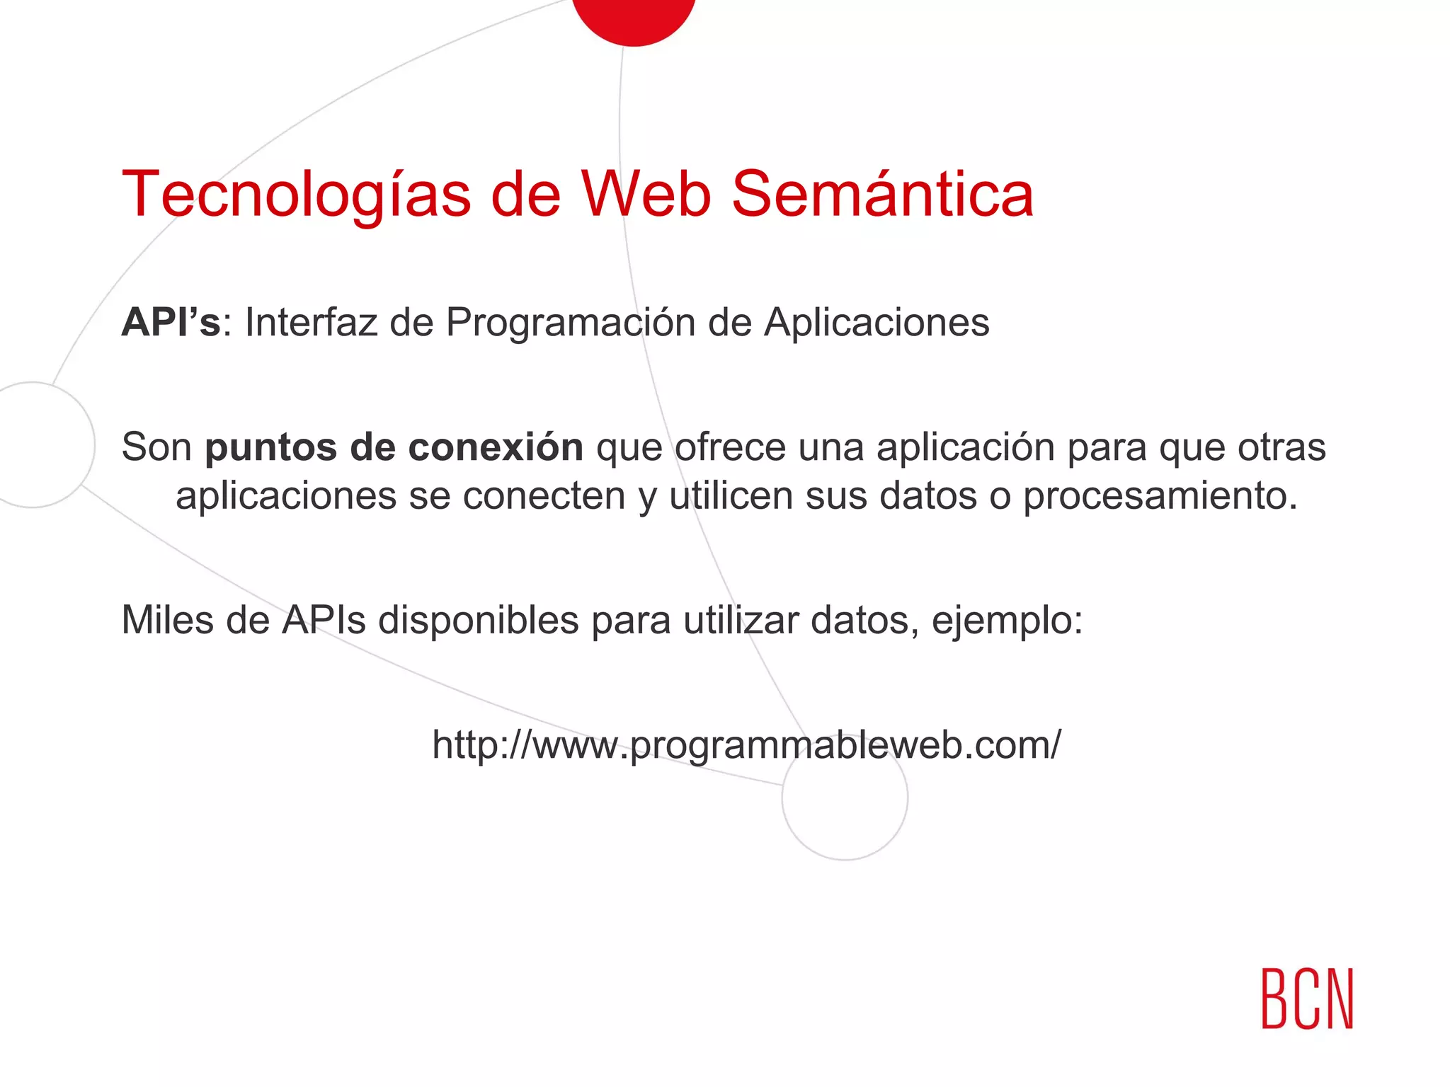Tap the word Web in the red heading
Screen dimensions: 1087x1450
click(x=646, y=194)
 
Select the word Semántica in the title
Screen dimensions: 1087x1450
click(x=882, y=194)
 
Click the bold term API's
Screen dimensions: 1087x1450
click(x=171, y=323)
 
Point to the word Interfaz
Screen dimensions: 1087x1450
click(x=311, y=323)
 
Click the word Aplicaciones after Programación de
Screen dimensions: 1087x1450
click(x=877, y=324)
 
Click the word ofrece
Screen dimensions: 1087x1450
click(x=730, y=447)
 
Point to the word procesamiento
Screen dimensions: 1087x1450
click(x=1160, y=496)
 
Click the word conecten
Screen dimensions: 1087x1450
click(x=544, y=496)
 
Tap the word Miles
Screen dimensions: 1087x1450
click(x=168, y=620)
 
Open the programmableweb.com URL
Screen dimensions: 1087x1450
click(x=746, y=745)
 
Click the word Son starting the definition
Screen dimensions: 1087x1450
click(x=156, y=447)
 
